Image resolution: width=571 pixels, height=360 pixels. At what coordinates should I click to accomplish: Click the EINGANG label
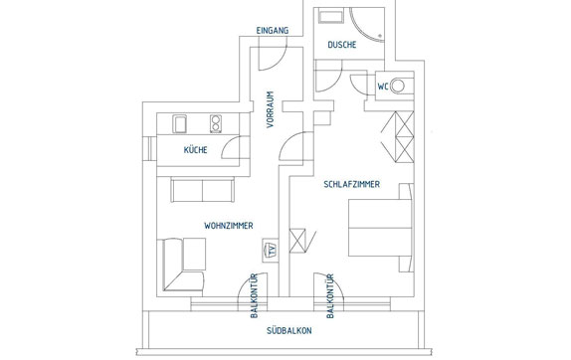click(273, 31)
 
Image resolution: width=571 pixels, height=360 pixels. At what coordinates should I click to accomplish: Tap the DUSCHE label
click(342, 45)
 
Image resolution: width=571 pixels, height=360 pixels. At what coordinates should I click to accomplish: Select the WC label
click(383, 87)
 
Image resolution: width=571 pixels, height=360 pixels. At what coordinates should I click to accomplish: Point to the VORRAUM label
click(270, 109)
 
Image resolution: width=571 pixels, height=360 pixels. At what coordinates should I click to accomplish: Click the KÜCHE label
click(196, 149)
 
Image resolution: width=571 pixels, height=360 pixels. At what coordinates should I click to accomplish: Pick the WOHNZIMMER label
click(229, 226)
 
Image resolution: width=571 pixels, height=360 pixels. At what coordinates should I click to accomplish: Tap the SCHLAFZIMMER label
click(352, 184)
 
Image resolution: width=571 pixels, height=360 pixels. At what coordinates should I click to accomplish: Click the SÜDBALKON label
click(289, 330)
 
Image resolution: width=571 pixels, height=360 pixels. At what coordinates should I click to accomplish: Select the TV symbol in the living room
click(271, 251)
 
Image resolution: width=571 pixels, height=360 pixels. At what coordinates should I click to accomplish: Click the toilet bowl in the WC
click(397, 86)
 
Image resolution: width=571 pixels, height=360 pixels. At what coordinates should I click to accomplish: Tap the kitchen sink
click(179, 123)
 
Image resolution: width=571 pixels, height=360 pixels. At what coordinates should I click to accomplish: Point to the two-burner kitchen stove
click(216, 123)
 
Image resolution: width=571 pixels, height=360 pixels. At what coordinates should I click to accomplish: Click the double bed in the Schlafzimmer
click(381, 228)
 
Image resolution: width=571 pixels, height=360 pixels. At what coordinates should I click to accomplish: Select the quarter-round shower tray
click(367, 25)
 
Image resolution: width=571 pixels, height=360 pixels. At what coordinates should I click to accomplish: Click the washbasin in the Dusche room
click(330, 17)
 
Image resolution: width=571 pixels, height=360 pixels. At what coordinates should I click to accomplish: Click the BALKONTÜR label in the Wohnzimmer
click(255, 295)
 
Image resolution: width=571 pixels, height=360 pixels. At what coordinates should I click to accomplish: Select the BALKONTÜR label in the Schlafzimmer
click(330, 296)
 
